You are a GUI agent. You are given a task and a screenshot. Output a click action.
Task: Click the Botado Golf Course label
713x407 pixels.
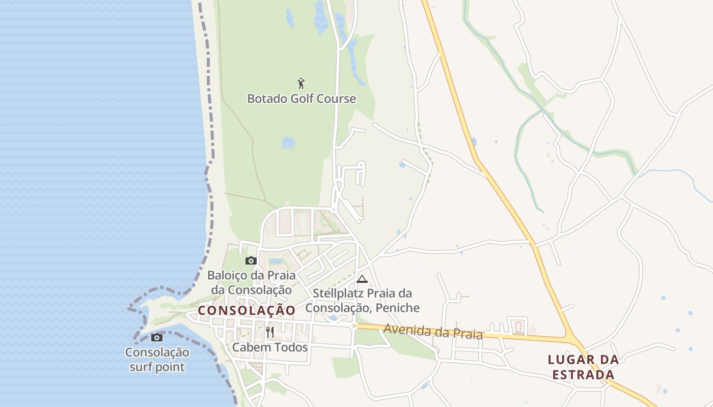tap(301, 99)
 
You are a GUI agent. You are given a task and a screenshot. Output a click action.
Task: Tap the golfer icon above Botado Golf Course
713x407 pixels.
tap(301, 83)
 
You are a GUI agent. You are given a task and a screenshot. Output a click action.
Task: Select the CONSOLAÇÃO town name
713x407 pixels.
tap(246, 310)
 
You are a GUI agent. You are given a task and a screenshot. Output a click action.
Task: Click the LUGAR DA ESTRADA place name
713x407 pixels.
tap(583, 367)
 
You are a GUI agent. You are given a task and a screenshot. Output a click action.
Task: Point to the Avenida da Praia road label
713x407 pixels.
tap(433, 331)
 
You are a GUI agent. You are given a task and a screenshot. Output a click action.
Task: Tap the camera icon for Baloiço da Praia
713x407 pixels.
tap(251, 261)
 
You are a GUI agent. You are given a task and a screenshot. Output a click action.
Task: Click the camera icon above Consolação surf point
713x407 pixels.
tap(157, 337)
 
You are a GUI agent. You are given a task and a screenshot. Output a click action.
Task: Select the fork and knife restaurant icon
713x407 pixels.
tap(270, 332)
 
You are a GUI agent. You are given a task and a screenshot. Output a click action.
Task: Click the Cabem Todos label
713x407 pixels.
tap(270, 347)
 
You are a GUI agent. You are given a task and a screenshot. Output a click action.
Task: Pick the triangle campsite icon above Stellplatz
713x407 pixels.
tap(362, 279)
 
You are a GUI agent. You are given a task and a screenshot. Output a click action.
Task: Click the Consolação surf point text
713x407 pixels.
tap(157, 359)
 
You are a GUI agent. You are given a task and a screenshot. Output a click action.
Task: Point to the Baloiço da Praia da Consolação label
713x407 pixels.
tap(252, 282)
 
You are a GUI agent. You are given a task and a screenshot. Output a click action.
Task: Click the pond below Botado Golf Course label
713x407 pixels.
tap(288, 143)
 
